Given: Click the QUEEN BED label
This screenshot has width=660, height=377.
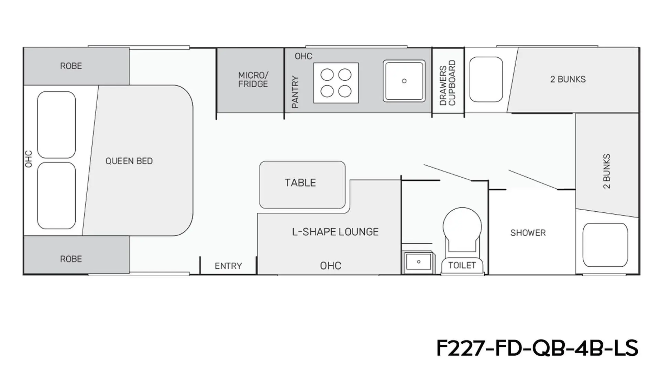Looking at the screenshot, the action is pos(129,161).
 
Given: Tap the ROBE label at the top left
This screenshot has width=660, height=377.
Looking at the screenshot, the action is pos(71,66).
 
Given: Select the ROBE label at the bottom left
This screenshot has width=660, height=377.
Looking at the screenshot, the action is pos(71,259).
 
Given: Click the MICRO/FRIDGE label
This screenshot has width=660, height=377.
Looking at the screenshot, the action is pos(253,79).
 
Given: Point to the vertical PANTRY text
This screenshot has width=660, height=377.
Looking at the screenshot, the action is pos(295,92).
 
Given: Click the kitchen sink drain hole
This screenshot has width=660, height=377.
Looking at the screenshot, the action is pos(404,81).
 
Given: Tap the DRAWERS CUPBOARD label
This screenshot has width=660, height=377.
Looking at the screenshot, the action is pos(448,83).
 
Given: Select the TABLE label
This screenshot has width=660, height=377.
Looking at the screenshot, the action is pos(300,182).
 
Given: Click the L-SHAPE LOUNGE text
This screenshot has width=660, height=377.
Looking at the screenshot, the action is pos(335,232).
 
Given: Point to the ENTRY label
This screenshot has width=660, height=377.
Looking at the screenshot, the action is pos(228,266).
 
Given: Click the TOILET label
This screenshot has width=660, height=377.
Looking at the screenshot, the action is pos(462,265).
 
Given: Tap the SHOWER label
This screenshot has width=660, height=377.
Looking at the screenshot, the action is pos(528,233).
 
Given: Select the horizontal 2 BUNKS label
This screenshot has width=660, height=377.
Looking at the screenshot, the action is pos(568,79).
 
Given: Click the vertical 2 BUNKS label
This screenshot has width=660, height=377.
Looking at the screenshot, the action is pos(607,171).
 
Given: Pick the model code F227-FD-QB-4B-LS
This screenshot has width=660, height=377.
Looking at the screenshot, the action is pos(537,348).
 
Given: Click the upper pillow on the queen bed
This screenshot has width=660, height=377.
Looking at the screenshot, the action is pos(56,125).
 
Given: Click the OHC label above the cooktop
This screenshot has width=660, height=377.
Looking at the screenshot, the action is pos(304,56).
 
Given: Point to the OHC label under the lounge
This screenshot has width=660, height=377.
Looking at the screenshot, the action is pos(331,266).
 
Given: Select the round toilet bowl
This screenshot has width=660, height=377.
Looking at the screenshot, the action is pos(462,226).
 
